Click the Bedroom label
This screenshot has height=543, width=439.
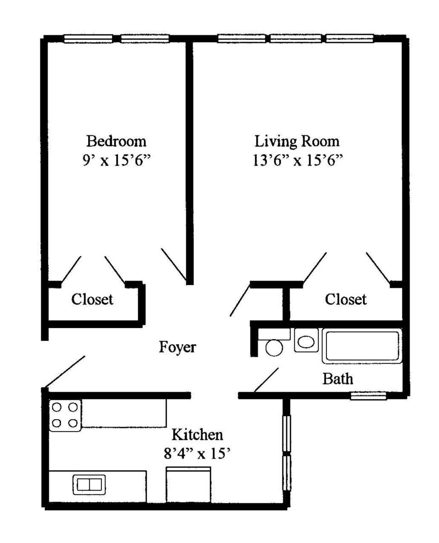click(116, 141)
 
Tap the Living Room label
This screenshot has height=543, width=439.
click(297, 142)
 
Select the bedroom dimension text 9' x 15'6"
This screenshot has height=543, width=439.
click(117, 161)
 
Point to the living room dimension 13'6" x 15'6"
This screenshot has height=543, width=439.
click(297, 161)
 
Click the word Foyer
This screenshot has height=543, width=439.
click(178, 348)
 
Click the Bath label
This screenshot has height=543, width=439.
click(338, 379)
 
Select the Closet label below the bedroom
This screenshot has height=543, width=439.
click(92, 299)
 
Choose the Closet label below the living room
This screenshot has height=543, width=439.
click(345, 299)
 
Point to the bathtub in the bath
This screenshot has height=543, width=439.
click(362, 346)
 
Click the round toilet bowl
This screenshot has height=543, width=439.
click(274, 348)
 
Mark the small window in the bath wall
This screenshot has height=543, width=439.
click(368, 396)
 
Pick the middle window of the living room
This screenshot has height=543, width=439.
click(296, 39)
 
